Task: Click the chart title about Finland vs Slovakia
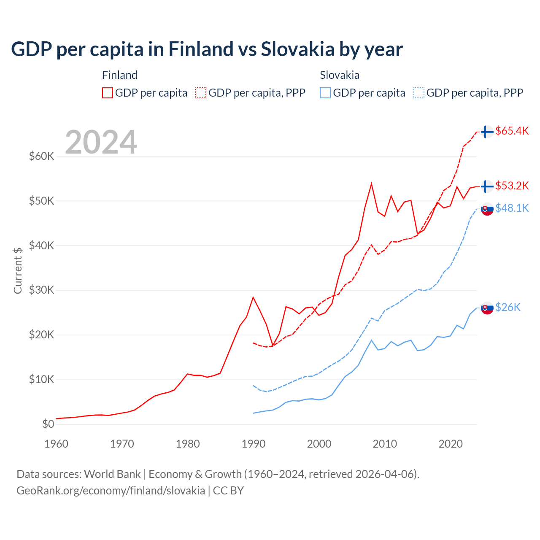click(x=207, y=49)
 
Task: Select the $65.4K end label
click(x=512, y=131)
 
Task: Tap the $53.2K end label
click(x=512, y=186)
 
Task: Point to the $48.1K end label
click(x=512, y=208)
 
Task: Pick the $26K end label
click(x=508, y=307)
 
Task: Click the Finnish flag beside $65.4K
click(x=487, y=132)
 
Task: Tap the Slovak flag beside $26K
click(x=487, y=308)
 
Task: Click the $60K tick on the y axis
click(x=42, y=157)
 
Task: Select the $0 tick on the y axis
click(x=48, y=424)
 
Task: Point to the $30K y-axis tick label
click(x=42, y=290)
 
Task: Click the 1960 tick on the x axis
click(x=56, y=444)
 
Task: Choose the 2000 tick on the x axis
click(x=319, y=444)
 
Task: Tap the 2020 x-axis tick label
click(x=451, y=444)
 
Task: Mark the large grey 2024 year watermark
click(x=101, y=142)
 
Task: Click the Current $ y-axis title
click(x=18, y=270)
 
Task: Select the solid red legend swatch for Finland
click(x=108, y=93)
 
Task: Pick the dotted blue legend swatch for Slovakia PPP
click(x=419, y=93)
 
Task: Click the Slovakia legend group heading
click(x=340, y=75)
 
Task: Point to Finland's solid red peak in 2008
click(x=371, y=184)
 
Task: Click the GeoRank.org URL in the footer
click(x=111, y=491)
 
